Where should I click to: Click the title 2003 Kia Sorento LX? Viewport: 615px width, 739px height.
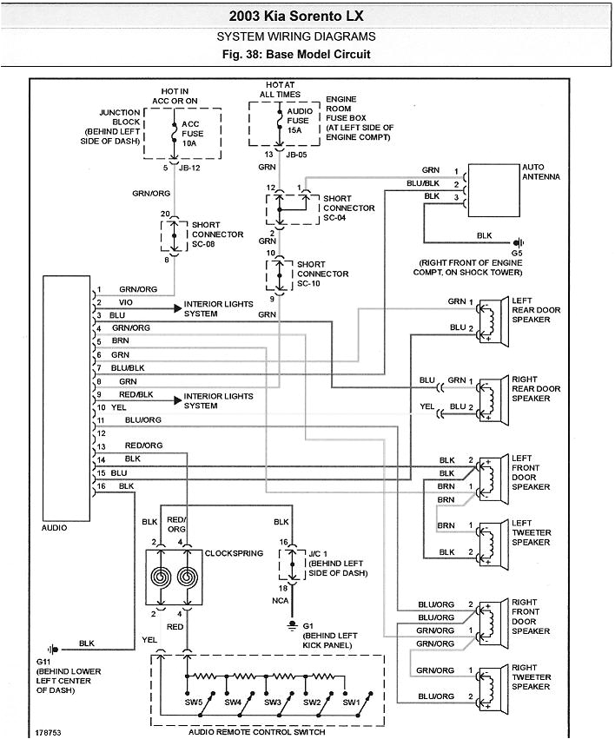point(295,16)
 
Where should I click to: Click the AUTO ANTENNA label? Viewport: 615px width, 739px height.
point(540,171)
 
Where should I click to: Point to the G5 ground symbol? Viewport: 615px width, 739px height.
point(519,242)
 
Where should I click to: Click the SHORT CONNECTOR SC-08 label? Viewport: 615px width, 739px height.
point(211,234)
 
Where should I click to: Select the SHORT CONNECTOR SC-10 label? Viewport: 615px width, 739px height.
point(322,274)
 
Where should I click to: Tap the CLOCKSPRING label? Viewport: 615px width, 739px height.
point(233,553)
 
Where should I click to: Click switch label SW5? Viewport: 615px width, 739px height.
point(194,702)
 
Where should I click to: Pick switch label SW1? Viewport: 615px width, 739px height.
point(350,702)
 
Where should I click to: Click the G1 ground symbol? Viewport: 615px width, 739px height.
point(294,624)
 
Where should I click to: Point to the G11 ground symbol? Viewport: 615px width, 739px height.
point(55,648)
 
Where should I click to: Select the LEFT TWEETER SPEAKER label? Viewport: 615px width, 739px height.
point(531,533)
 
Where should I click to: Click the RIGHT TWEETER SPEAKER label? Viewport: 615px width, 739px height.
point(531,677)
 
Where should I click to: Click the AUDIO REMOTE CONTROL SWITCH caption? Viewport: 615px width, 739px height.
point(256,732)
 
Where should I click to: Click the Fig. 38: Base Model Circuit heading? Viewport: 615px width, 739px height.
point(295,54)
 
